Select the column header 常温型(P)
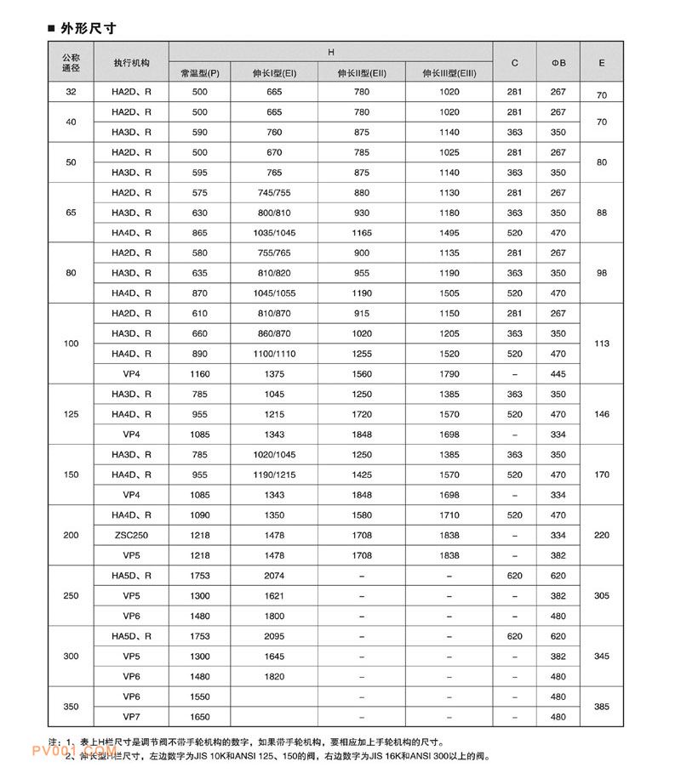pos(200,73)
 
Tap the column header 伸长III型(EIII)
pos(449,73)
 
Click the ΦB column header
pos(558,63)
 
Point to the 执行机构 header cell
pos(131,63)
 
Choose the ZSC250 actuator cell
pos(131,535)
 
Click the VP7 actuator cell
pos(131,717)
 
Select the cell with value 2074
pos(274,576)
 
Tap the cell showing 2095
pos(274,636)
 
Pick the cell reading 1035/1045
pos(274,232)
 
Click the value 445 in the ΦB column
pos(558,373)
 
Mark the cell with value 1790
pos(449,373)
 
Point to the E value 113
pos(602,344)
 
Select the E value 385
pos(602,707)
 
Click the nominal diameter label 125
pos(71,414)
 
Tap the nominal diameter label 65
pos(71,213)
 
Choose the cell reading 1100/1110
pos(274,354)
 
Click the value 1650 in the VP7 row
pos(200,717)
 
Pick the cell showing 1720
pos(362,414)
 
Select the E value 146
pos(602,414)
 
